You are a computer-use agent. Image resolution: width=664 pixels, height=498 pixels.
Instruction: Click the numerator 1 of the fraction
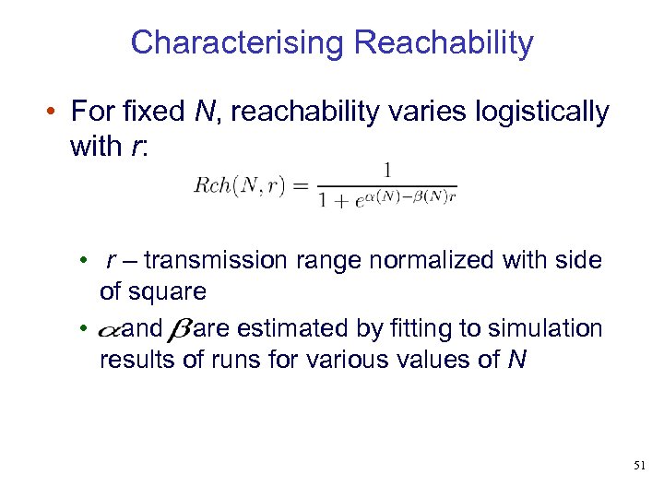coord(388,170)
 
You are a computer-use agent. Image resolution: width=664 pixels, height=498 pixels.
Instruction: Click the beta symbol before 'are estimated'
coord(178,329)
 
